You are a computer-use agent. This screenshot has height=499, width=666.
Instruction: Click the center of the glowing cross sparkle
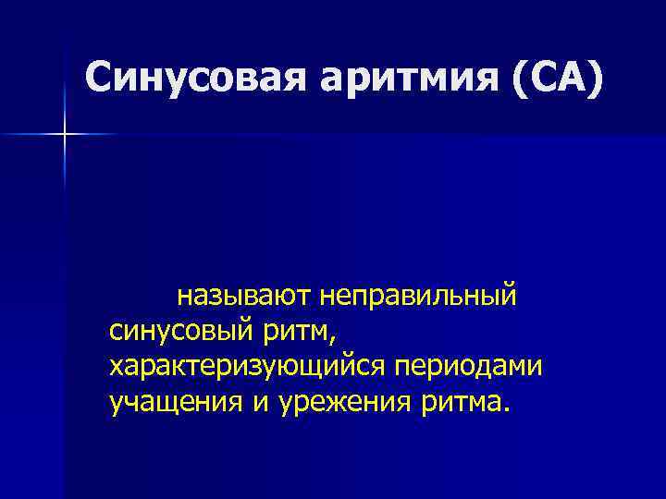[x=65, y=135]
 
